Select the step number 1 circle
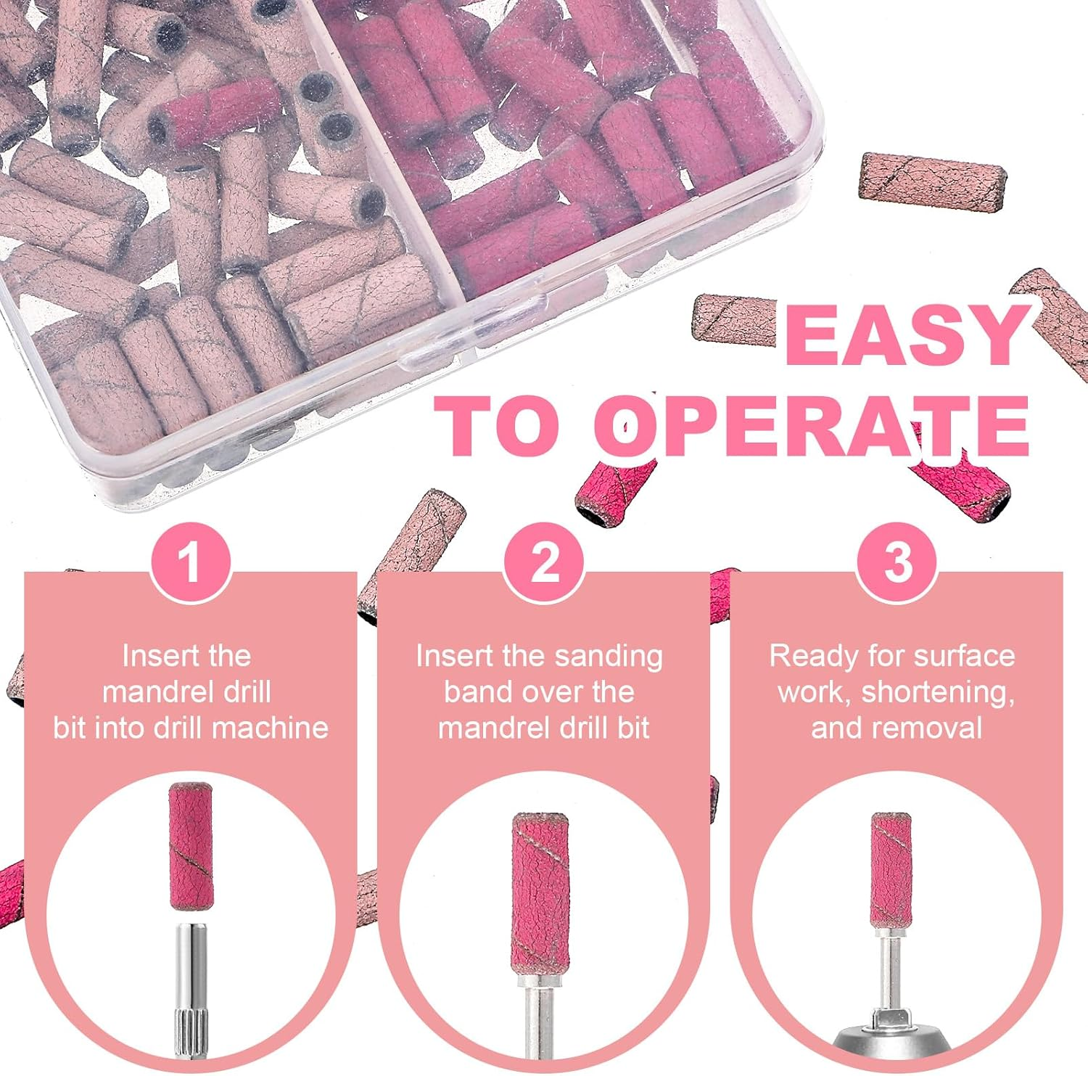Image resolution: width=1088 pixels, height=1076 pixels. (191, 562)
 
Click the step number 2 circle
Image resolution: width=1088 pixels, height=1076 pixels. (544, 562)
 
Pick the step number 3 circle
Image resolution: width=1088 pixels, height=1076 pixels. (897, 562)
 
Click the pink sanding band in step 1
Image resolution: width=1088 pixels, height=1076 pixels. (191, 846)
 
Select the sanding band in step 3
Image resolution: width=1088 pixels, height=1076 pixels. (891, 870)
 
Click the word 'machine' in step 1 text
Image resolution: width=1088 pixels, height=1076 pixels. (273, 728)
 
